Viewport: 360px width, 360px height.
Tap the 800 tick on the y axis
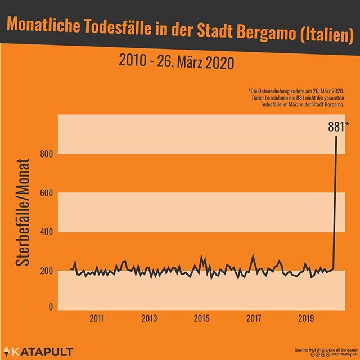47,154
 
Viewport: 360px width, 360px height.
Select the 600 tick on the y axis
47,193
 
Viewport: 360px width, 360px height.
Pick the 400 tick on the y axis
47,232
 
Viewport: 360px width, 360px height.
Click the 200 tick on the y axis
47,271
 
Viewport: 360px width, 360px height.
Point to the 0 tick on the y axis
50,307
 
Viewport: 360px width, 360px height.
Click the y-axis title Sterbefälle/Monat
23,214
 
